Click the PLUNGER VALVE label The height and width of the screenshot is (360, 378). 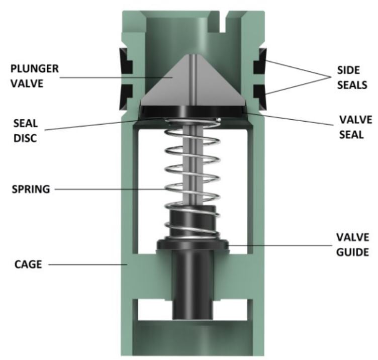tap(35, 75)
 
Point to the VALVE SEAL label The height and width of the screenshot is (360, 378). tap(354, 127)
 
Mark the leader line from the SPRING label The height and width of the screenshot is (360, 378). tap(111, 190)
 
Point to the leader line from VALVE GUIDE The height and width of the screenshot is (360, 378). tap(281, 245)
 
